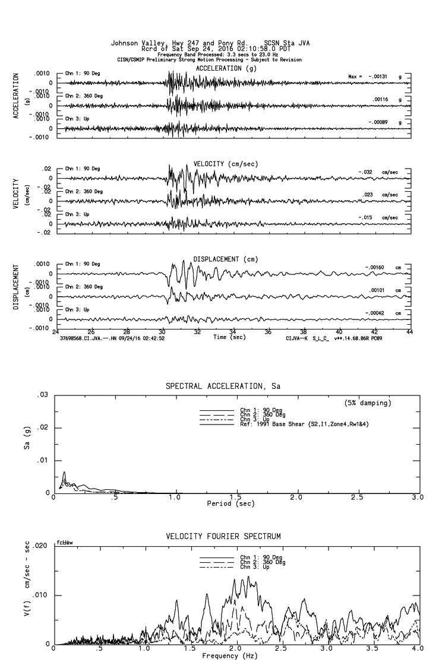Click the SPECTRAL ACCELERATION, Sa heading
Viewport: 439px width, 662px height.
tap(223, 387)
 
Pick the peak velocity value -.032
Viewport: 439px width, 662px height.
tap(367, 172)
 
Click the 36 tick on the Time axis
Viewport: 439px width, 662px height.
tap(269, 332)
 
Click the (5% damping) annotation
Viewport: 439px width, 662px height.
tap(368, 403)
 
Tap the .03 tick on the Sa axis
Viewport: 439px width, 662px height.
tap(42, 395)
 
